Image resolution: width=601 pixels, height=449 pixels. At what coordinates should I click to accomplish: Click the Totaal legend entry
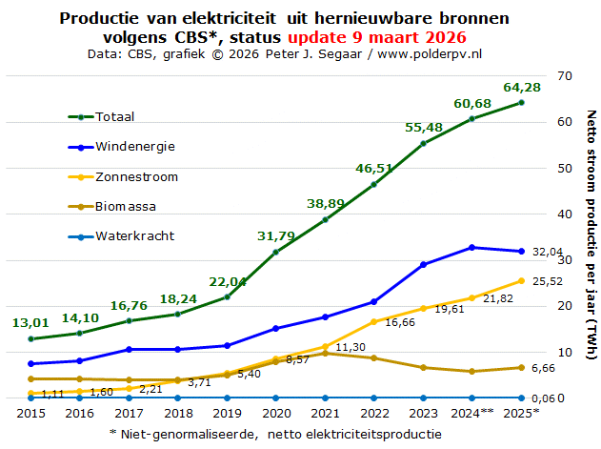tap(113, 116)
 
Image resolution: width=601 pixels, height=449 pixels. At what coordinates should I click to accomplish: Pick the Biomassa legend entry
tap(125, 206)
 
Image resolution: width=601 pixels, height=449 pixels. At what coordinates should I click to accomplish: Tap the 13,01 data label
tap(30, 323)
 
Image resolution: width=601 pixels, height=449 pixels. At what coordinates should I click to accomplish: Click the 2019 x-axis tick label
tap(227, 414)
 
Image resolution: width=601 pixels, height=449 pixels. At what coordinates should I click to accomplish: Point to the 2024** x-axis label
tap(471, 414)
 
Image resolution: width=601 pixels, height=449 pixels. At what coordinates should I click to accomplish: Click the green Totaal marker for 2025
tap(521, 102)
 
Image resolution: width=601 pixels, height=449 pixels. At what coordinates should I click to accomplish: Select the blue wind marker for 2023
tap(423, 264)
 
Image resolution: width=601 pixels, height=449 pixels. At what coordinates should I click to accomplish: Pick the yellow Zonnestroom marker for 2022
tap(373, 321)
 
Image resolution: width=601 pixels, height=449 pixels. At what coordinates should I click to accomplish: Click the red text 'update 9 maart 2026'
tap(377, 37)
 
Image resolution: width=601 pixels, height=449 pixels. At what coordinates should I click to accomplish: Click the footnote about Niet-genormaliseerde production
tap(276, 434)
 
